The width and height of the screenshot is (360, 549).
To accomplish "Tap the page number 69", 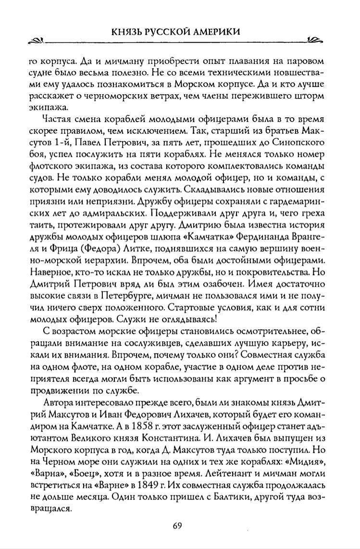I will (180, 524).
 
